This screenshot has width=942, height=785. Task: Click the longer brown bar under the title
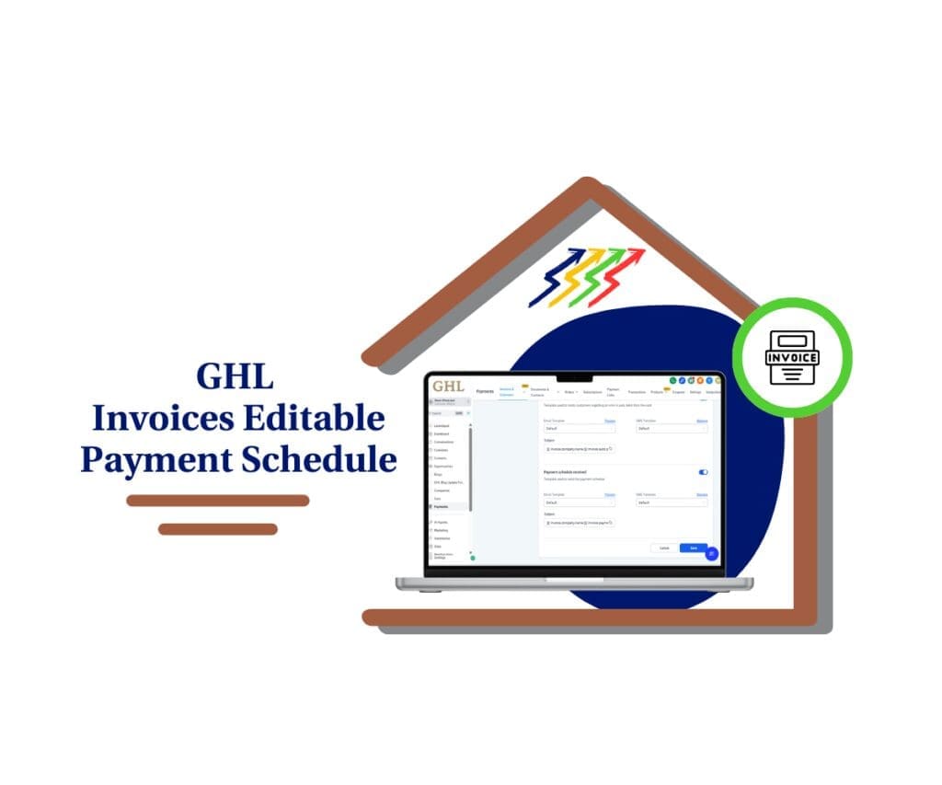(217, 501)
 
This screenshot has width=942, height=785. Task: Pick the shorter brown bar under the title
(217, 529)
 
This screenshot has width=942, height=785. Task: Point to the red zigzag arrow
(622, 276)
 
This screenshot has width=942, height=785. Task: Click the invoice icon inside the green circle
(792, 357)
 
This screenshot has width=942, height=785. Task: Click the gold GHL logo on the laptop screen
(448, 387)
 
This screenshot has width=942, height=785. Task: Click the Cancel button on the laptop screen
(664, 548)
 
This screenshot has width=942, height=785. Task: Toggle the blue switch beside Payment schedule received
(704, 472)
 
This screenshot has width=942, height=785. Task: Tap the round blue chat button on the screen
(711, 553)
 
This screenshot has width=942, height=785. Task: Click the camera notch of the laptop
(574, 377)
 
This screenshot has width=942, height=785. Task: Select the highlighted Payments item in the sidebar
(442, 507)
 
